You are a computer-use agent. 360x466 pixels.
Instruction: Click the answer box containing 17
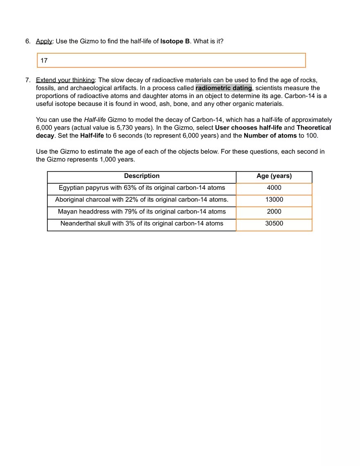(x=171, y=61)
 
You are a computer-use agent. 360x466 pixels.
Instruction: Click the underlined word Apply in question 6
(x=44, y=41)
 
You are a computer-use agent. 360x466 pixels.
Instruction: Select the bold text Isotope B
(x=175, y=41)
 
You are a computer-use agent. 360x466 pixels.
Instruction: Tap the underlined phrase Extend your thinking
(x=65, y=80)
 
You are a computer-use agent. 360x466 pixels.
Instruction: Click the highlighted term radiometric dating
(x=223, y=88)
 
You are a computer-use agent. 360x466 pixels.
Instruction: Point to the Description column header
(x=142, y=176)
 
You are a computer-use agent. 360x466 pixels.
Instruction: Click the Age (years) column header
(x=274, y=176)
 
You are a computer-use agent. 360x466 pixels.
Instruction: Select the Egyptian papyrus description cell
(x=142, y=188)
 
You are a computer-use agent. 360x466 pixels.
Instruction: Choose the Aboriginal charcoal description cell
(x=142, y=200)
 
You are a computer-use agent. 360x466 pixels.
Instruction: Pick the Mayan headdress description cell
(x=142, y=212)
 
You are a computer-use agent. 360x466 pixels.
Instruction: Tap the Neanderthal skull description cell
(x=142, y=223)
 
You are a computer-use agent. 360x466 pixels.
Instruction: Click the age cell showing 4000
(x=274, y=188)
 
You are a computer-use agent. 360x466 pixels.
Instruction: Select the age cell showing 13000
(x=274, y=200)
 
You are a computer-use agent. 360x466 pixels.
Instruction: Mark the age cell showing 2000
(x=274, y=212)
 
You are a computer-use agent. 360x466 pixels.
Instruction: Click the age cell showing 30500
(x=274, y=223)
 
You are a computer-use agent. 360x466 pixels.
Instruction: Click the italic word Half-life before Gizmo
(x=95, y=120)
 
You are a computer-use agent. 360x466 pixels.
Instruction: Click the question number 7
(x=27, y=80)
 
